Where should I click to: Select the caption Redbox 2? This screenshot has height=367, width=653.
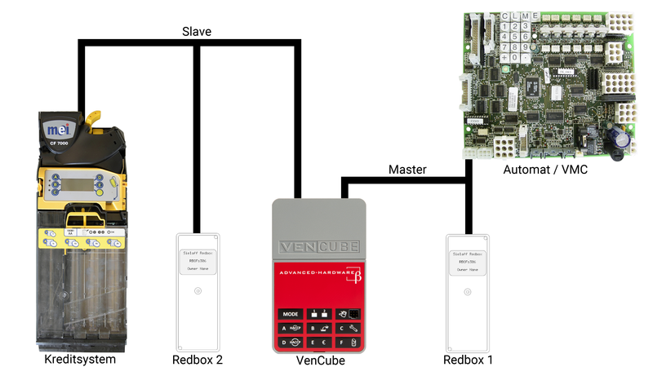click(197, 359)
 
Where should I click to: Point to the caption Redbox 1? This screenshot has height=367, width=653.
click(468, 359)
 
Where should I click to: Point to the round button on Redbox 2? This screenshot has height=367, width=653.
click(197, 291)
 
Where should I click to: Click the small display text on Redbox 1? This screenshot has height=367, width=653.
click(468, 260)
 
